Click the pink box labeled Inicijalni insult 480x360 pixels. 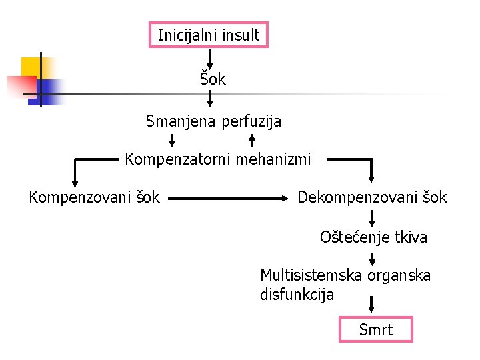208,35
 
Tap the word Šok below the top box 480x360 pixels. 213,79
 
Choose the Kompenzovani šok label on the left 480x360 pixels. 94,197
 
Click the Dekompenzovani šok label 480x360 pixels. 372,197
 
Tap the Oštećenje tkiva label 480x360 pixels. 373,237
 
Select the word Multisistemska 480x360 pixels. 311,275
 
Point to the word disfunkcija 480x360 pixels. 297,294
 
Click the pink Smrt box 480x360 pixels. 376,329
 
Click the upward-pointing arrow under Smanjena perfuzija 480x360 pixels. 252,140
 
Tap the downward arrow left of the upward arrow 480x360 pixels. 172,140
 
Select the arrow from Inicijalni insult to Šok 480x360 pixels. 210,57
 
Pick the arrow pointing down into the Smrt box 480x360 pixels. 372,305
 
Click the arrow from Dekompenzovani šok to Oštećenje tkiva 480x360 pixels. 372,218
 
